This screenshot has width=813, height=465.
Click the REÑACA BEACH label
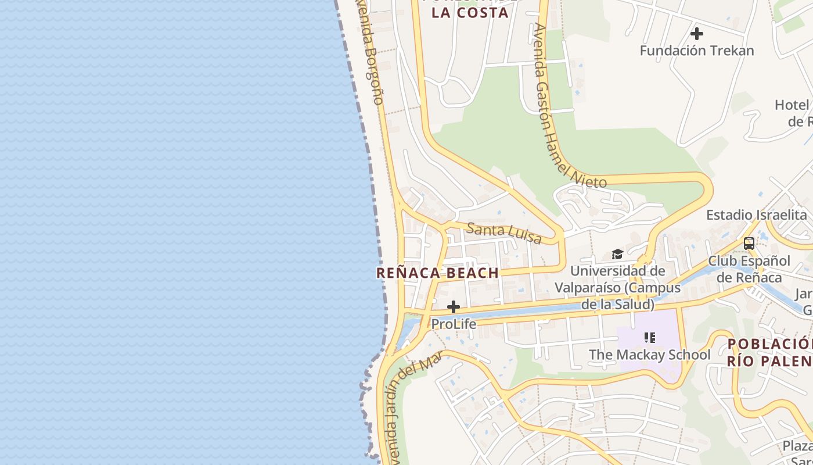click(437, 273)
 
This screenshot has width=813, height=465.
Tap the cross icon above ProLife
click(454, 307)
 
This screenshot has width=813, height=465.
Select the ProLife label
click(454, 324)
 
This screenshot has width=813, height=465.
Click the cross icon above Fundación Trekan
click(696, 34)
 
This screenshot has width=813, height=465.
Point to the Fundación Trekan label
click(696, 51)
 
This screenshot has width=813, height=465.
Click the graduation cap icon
click(617, 254)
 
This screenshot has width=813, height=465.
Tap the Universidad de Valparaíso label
click(617, 287)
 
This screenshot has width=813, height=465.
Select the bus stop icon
click(749, 244)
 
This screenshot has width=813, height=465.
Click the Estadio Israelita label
click(756, 215)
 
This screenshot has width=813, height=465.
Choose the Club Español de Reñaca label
click(749, 269)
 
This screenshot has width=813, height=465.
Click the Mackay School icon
click(649, 337)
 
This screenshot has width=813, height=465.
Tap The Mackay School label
click(649, 355)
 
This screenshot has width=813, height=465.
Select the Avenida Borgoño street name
click(370, 55)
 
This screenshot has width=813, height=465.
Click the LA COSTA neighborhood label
click(470, 13)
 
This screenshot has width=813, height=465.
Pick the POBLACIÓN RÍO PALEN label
click(769, 352)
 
